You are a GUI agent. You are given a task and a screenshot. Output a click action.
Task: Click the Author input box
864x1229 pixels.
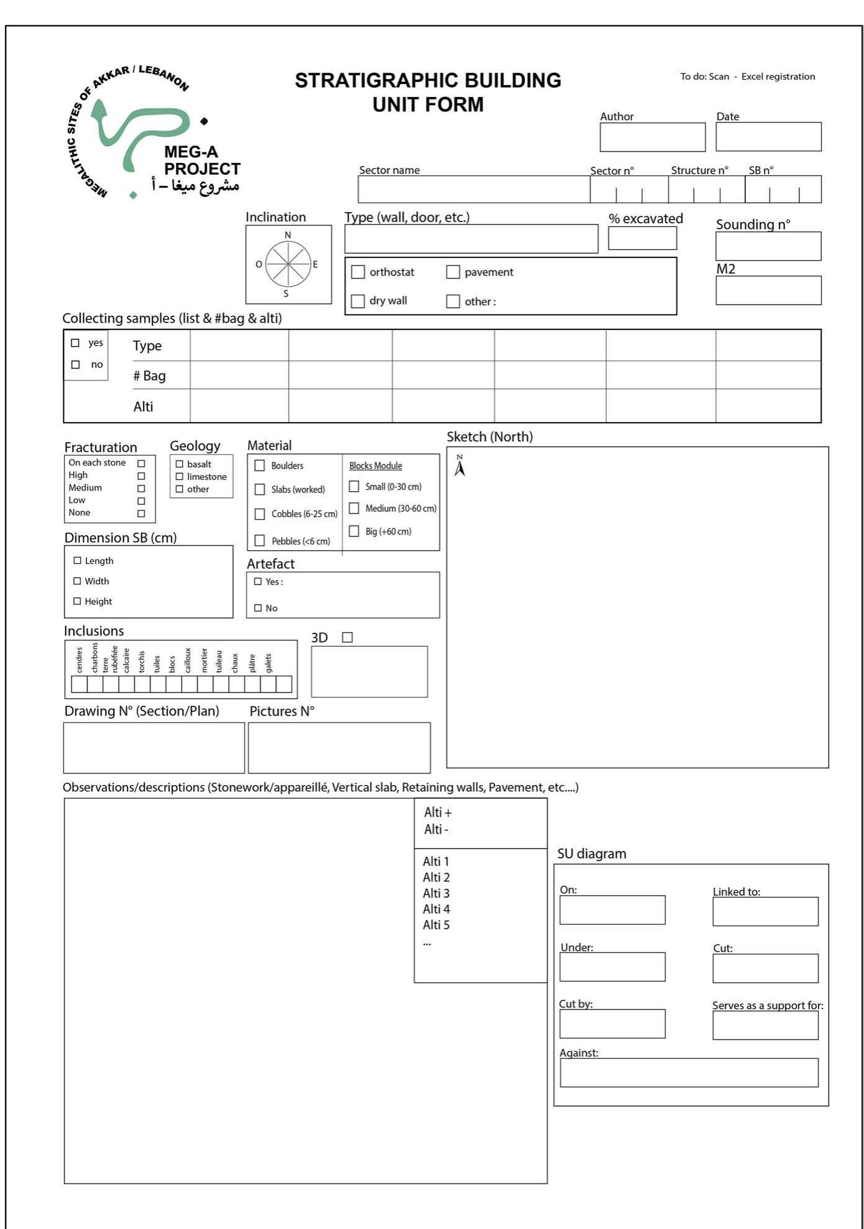(652, 137)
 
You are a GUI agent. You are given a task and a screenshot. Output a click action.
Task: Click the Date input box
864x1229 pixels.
(768, 137)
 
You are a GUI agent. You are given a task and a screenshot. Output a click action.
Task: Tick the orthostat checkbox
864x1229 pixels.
(358, 272)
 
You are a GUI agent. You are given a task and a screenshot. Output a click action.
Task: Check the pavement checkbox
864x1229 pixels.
(453, 272)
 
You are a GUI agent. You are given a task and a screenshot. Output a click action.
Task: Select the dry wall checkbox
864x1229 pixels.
(358, 301)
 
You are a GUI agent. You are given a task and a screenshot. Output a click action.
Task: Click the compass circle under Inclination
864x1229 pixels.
(288, 264)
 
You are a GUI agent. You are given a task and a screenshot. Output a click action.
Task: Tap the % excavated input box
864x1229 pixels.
(642, 238)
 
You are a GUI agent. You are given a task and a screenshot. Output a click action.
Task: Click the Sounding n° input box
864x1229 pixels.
(768, 246)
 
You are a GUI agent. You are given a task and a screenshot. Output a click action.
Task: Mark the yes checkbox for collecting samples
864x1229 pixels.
(75, 343)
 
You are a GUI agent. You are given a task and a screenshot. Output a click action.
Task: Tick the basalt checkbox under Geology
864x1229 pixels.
(180, 464)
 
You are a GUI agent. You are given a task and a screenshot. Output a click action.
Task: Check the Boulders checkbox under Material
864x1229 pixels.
(260, 466)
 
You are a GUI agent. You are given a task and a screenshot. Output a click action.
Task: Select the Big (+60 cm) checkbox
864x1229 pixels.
(354, 531)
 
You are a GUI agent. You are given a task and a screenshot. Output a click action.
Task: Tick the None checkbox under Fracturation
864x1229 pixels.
(141, 513)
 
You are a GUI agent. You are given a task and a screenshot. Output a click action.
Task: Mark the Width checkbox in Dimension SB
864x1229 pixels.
(77, 581)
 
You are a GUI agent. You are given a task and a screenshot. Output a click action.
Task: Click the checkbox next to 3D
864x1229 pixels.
(347, 637)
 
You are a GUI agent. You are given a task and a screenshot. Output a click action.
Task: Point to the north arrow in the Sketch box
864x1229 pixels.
(459, 466)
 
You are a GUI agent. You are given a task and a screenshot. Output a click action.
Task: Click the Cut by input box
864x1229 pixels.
(612, 1023)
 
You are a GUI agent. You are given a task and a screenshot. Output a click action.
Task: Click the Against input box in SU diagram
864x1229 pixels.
(689, 1072)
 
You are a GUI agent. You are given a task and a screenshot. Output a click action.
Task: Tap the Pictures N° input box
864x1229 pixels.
(339, 747)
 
